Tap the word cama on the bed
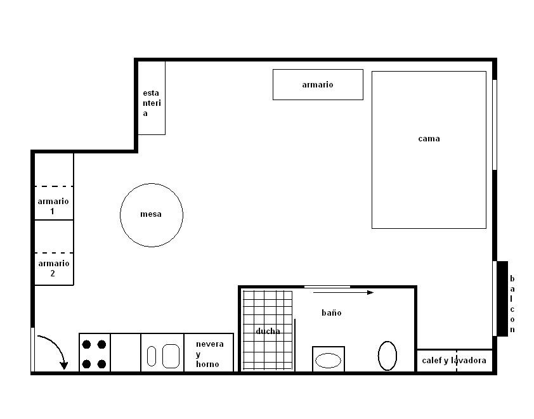(429, 139)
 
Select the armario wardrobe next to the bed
(318, 85)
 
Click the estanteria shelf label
(152, 103)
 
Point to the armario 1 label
(53, 206)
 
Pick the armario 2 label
(53, 268)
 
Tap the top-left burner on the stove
(86, 344)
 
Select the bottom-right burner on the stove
(101, 364)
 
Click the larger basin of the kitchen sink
(171, 356)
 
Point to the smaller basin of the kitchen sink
(152, 356)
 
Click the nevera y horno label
(209, 354)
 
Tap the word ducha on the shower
(268, 331)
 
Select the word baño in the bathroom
(331, 313)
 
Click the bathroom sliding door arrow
(343, 292)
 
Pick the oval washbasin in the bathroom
(328, 361)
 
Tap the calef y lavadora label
(454, 361)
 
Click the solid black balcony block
(502, 299)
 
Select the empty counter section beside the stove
(126, 352)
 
